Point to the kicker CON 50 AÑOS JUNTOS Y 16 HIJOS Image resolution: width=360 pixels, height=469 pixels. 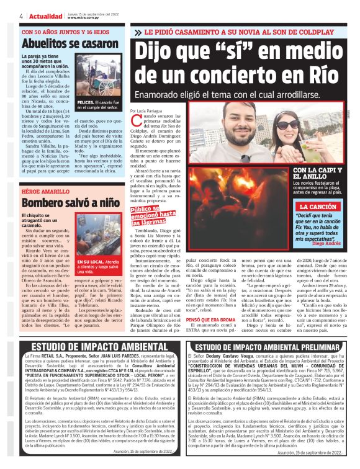point(65,31)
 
